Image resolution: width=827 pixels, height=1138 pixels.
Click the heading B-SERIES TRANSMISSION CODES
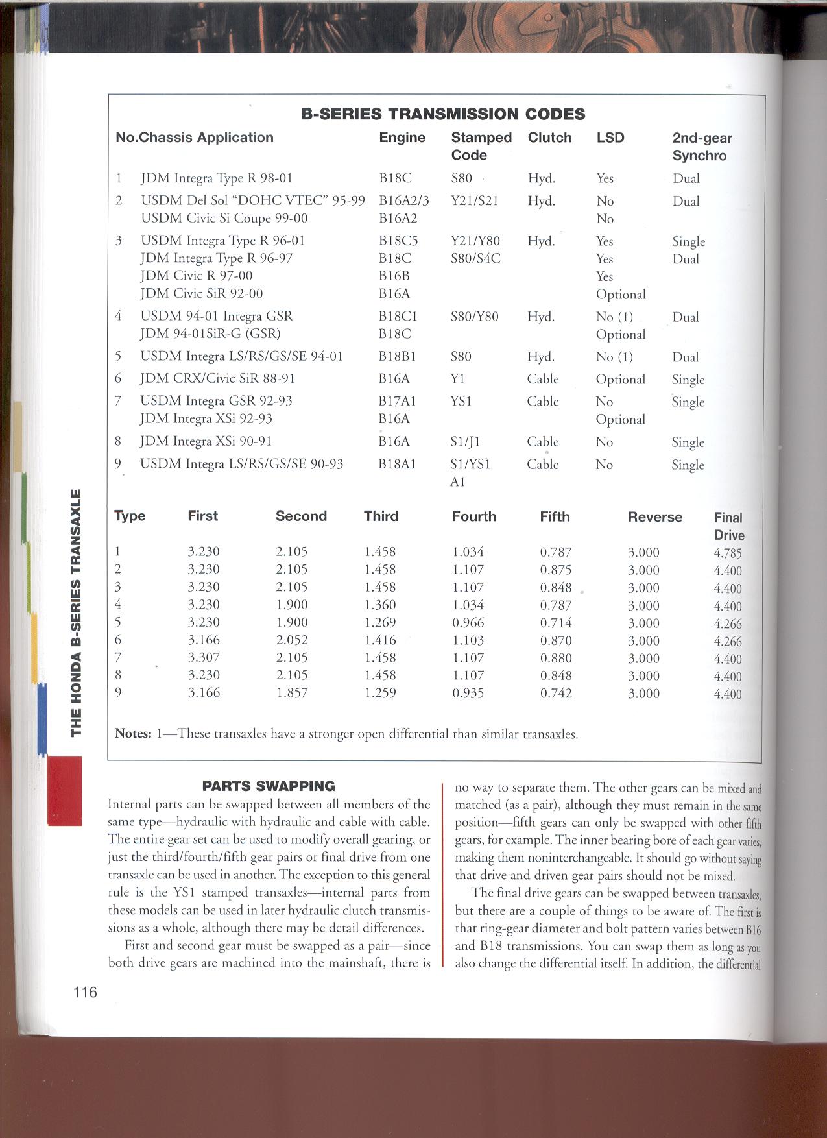click(443, 114)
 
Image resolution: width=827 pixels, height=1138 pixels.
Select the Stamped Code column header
click(481, 146)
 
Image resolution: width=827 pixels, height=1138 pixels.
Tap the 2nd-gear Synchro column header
click(702, 147)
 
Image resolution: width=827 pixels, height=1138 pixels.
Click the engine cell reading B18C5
click(398, 241)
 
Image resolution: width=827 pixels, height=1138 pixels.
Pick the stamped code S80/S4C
click(475, 258)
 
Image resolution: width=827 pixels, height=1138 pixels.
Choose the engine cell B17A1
click(397, 401)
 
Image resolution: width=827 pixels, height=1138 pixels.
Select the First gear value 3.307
click(204, 657)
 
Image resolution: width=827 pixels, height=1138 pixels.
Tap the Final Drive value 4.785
click(728, 553)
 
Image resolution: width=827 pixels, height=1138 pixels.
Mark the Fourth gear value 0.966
click(468, 622)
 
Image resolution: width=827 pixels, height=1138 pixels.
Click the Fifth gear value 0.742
click(556, 693)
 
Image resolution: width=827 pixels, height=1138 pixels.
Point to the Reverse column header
click(654, 517)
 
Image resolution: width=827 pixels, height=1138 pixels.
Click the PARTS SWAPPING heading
click(269, 786)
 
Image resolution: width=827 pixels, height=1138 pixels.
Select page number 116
click(85, 991)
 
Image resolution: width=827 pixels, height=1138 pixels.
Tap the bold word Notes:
click(133, 734)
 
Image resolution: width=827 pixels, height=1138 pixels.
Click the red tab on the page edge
click(64, 790)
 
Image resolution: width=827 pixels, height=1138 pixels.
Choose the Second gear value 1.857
click(292, 692)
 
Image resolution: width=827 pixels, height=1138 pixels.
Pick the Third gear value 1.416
click(379, 640)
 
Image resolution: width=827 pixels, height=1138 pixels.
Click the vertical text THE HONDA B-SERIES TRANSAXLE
click(76, 612)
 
